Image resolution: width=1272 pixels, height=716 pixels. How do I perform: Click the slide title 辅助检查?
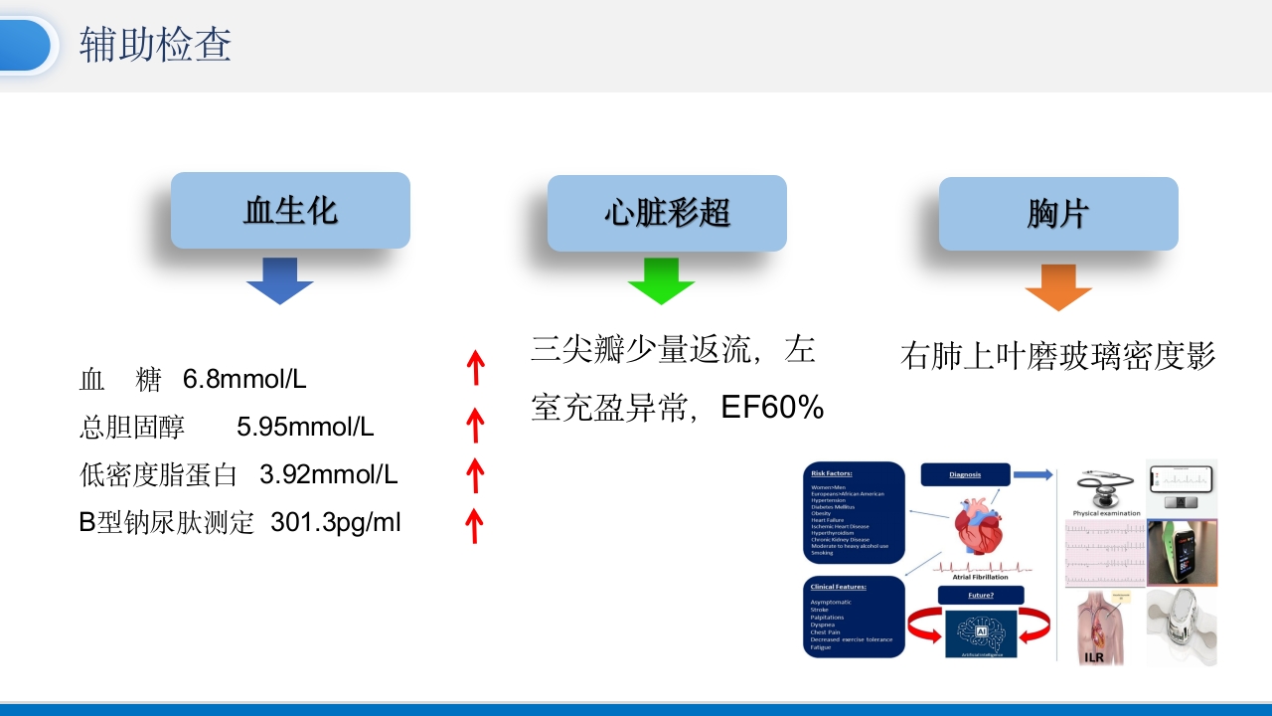(156, 46)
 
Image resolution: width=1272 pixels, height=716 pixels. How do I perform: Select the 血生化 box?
(290, 211)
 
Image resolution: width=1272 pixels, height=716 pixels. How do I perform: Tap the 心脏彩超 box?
(667, 213)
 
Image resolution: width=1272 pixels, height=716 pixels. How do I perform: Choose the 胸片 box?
(1058, 214)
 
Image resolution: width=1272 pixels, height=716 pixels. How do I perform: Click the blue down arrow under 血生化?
(280, 280)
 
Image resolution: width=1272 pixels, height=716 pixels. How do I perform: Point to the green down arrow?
(661, 280)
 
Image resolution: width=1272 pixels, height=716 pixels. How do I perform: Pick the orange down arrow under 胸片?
(1058, 286)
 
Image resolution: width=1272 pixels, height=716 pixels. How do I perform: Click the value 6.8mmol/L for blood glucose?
(244, 379)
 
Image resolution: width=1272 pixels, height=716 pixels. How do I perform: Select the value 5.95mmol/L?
(305, 428)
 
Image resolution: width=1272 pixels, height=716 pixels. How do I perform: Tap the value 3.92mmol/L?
(329, 475)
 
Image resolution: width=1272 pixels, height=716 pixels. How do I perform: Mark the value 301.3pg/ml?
(336, 523)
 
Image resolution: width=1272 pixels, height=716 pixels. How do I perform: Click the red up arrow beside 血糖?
(476, 367)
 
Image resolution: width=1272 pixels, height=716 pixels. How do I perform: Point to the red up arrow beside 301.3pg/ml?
(475, 525)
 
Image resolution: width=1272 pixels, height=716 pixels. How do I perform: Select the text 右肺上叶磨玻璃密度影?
(1057, 356)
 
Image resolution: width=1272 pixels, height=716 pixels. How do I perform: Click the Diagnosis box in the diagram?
(965, 474)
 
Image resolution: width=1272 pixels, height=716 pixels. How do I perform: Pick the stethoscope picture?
(1103, 487)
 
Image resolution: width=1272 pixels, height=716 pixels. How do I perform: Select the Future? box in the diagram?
(980, 596)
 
